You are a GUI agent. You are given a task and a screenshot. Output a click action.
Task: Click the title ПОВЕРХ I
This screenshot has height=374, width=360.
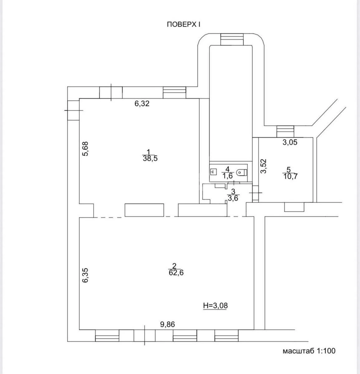pyautogui.click(x=184, y=25)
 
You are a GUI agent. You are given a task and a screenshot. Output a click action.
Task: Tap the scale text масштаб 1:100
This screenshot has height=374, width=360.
pyautogui.click(x=309, y=351)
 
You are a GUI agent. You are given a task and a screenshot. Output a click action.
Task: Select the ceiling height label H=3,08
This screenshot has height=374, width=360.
pyautogui.click(x=215, y=305)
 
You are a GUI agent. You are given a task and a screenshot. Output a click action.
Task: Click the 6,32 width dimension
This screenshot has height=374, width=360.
pyautogui.click(x=142, y=104)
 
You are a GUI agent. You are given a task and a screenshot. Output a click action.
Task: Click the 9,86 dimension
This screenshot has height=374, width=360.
pyautogui.click(x=168, y=325)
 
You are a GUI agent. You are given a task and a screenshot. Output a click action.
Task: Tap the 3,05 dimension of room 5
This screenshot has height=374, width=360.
pyautogui.click(x=290, y=142)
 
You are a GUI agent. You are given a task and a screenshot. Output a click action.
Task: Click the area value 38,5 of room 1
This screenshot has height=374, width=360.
pyautogui.click(x=150, y=159)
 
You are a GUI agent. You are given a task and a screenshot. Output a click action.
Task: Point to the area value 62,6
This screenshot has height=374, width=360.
pyautogui.click(x=176, y=273)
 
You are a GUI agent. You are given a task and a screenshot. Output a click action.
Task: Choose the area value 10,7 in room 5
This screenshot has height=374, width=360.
pyautogui.click(x=290, y=176)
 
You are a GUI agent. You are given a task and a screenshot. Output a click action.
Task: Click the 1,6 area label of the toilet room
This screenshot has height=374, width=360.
pyautogui.click(x=228, y=175)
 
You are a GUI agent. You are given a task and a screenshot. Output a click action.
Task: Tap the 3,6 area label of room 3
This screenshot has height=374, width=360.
pyautogui.click(x=233, y=198)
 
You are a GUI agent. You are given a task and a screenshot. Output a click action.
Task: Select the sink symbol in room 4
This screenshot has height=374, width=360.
pyautogui.click(x=214, y=172)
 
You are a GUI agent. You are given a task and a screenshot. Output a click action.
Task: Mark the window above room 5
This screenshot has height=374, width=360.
pyautogui.click(x=285, y=132)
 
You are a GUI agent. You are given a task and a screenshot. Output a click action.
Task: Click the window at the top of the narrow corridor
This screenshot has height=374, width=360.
pyautogui.click(x=232, y=39)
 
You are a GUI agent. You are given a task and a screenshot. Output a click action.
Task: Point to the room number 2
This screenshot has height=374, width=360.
pyautogui.click(x=174, y=266)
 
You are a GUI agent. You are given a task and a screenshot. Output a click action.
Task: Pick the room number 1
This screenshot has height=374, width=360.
pyautogui.click(x=148, y=152)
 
